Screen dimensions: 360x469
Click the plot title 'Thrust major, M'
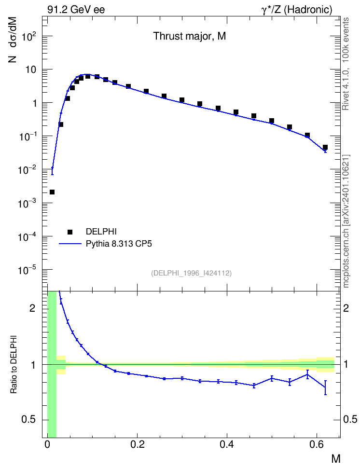tap(190, 36)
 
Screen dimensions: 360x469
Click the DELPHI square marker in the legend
tap(70, 232)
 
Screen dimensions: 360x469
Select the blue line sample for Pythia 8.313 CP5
tap(70, 244)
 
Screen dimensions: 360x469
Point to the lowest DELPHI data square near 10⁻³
tap(52, 192)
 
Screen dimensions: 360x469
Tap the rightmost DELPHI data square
tap(325, 147)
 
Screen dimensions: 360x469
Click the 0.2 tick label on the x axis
tap(138, 445)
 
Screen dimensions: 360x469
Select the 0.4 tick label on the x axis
tap(227, 445)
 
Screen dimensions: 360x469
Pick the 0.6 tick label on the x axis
tap(317, 445)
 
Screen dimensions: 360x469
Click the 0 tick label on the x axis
tap(47, 445)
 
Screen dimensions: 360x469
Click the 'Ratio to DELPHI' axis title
tap(14, 364)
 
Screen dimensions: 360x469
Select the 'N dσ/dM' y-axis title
tap(13, 40)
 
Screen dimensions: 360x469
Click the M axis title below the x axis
tap(336, 458)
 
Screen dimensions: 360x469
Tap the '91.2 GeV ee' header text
tap(76, 10)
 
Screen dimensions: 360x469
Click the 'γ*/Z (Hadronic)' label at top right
tap(297, 10)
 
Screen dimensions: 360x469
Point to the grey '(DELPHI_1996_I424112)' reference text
tap(191, 273)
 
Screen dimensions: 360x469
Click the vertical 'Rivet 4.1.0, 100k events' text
tap(346, 64)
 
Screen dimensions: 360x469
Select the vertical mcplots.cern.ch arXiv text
tap(346, 221)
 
